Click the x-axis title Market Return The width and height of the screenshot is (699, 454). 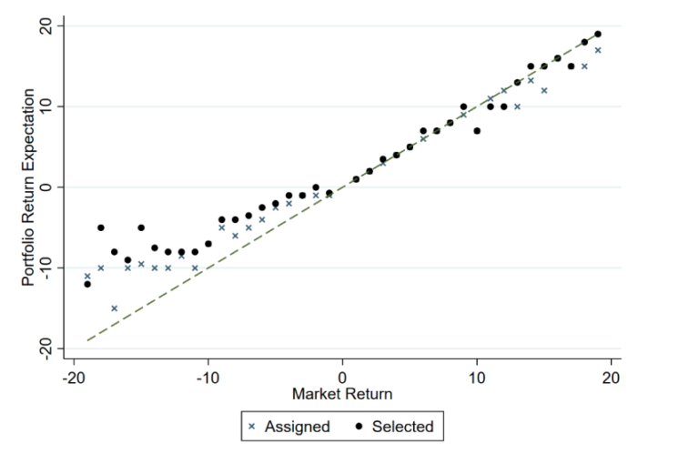[342, 395]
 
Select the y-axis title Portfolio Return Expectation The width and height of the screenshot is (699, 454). [30, 187]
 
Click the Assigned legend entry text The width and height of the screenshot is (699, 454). [296, 426]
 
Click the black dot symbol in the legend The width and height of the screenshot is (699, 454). [360, 426]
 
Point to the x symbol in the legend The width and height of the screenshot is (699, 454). [252, 426]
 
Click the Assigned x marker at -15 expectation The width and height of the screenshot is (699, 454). [114, 308]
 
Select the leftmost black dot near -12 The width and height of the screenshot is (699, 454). [87, 284]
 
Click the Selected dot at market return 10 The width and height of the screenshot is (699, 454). [477, 130]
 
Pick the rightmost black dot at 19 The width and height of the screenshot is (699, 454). [598, 34]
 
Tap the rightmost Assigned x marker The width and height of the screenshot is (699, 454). [598, 50]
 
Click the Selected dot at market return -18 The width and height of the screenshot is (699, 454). [101, 227]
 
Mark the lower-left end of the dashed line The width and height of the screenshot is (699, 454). [87, 340]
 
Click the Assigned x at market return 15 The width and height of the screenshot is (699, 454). [544, 90]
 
